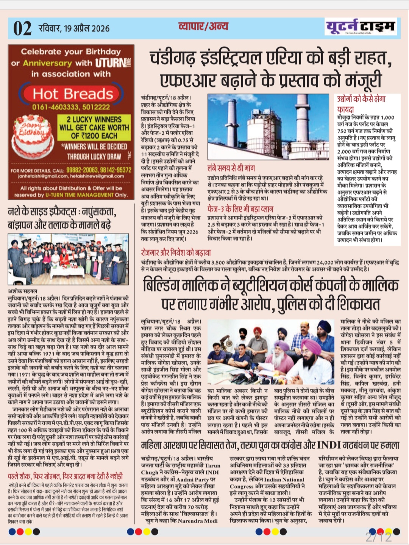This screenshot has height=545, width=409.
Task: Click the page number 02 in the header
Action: click(22, 28)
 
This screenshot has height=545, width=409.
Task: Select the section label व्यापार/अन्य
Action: click(203, 26)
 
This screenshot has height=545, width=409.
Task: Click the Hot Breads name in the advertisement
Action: click(73, 93)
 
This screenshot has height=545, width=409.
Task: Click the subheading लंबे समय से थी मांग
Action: click(231, 168)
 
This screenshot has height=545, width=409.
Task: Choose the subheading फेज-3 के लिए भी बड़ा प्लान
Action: click(240, 209)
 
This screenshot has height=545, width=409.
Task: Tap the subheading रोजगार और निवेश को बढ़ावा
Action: click(176, 252)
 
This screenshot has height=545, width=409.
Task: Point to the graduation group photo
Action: click(68, 259)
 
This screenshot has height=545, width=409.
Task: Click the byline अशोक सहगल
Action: click(23, 291)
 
